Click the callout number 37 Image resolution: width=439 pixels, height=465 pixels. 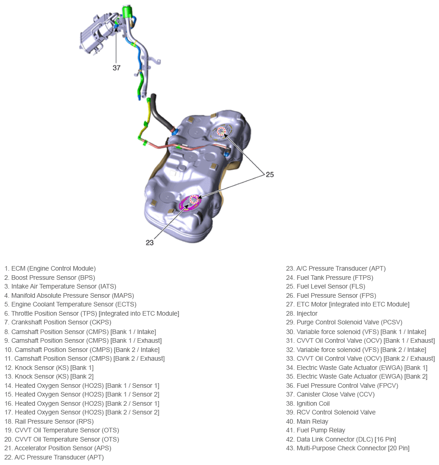pos(116,68)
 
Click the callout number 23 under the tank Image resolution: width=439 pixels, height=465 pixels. pos(149,243)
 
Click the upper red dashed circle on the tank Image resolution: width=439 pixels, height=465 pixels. pos(222,131)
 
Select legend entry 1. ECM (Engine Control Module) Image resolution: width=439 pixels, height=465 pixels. pos(50,268)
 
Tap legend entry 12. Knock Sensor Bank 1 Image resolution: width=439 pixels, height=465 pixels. pos(49,368)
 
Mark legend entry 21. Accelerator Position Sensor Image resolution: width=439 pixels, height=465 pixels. pos(58,448)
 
